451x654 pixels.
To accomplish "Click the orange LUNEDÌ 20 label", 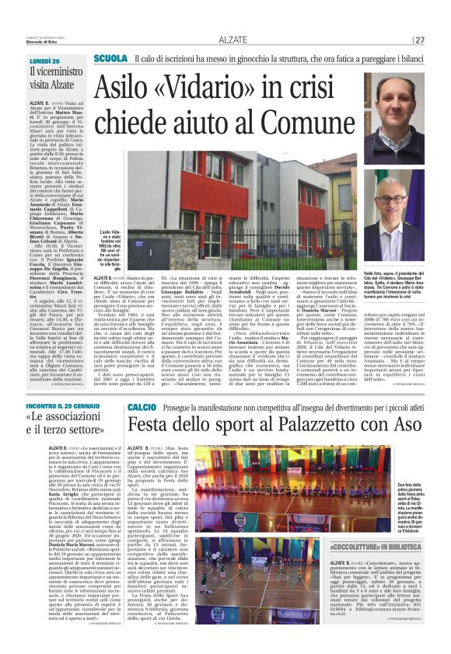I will pos(44,61).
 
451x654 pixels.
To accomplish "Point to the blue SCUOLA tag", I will pos(109,59).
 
